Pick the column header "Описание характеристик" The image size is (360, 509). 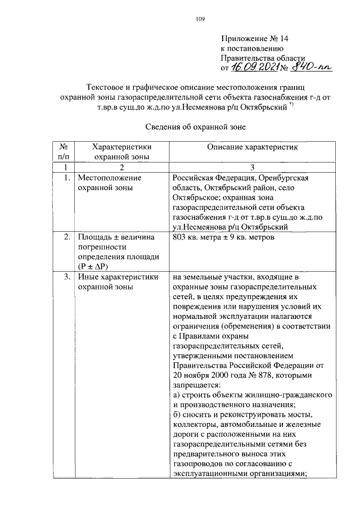tap(251, 147)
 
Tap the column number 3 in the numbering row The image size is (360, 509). tap(252, 167)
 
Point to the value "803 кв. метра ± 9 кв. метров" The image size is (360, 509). tap(225, 237)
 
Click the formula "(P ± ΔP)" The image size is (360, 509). tap(95, 265)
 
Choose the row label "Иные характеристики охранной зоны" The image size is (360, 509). tap(118, 282)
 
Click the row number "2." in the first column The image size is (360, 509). tap(66, 237)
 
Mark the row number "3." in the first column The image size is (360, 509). tap(66, 277)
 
